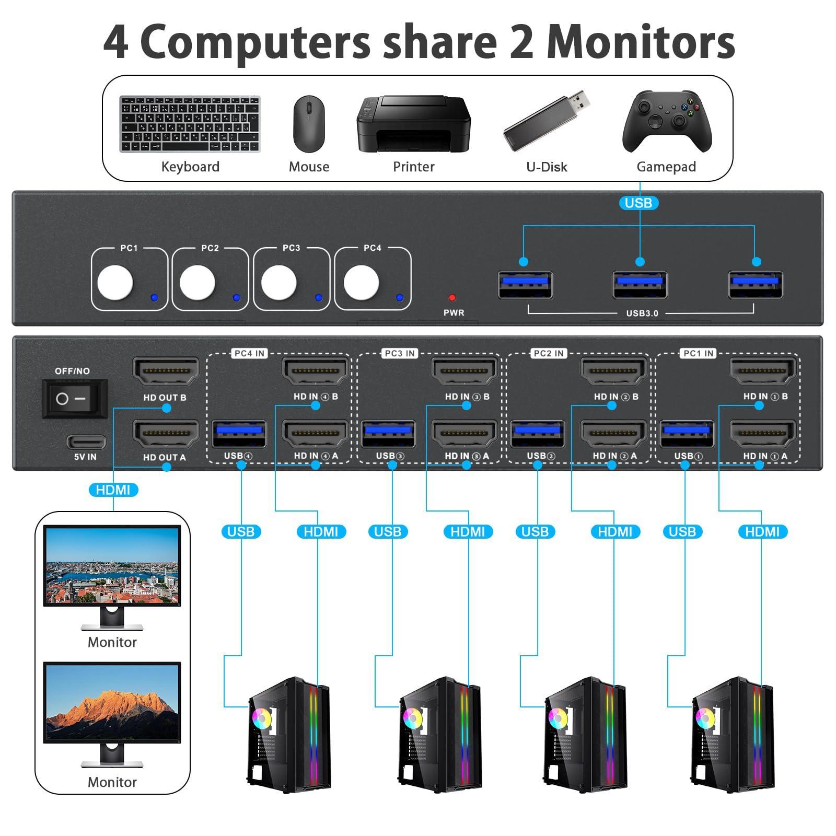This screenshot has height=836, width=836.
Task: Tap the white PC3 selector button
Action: click(x=278, y=282)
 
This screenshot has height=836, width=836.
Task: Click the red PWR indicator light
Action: click(x=452, y=298)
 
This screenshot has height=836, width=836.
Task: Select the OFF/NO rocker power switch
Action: click(x=74, y=399)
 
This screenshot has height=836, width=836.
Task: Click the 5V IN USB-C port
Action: click(x=86, y=442)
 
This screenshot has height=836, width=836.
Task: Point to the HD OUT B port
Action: click(x=166, y=371)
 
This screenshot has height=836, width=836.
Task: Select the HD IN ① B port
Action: click(x=763, y=371)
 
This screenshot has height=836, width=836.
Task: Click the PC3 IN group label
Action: click(x=400, y=354)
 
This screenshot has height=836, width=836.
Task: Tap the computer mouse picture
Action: click(x=309, y=124)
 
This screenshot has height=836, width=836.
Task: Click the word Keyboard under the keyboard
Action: click(x=190, y=167)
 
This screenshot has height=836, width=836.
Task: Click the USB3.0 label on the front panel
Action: click(x=642, y=313)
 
